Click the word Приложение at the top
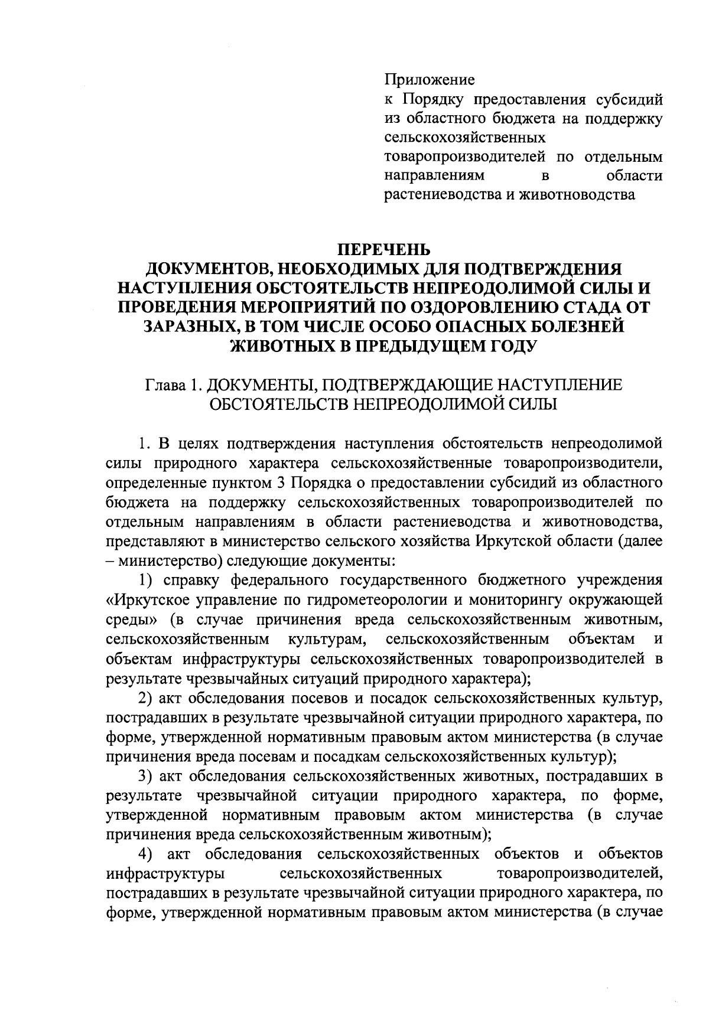(430, 79)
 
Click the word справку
(191, 581)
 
